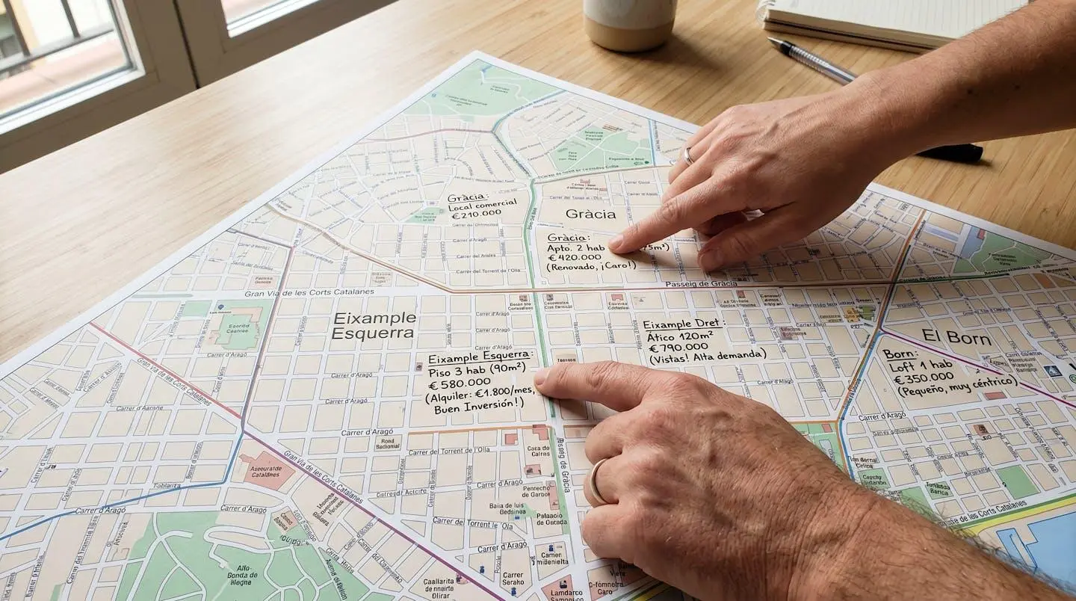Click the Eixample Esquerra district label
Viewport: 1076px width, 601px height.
click(x=374, y=325)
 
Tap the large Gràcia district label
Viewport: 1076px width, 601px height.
click(x=590, y=214)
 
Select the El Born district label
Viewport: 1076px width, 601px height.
click(x=956, y=337)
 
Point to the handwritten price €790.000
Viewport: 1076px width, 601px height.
click(x=678, y=347)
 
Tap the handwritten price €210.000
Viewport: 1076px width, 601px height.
click(x=475, y=215)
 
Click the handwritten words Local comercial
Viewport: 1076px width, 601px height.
click(x=482, y=203)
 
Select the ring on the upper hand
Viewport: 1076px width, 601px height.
click(x=688, y=155)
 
